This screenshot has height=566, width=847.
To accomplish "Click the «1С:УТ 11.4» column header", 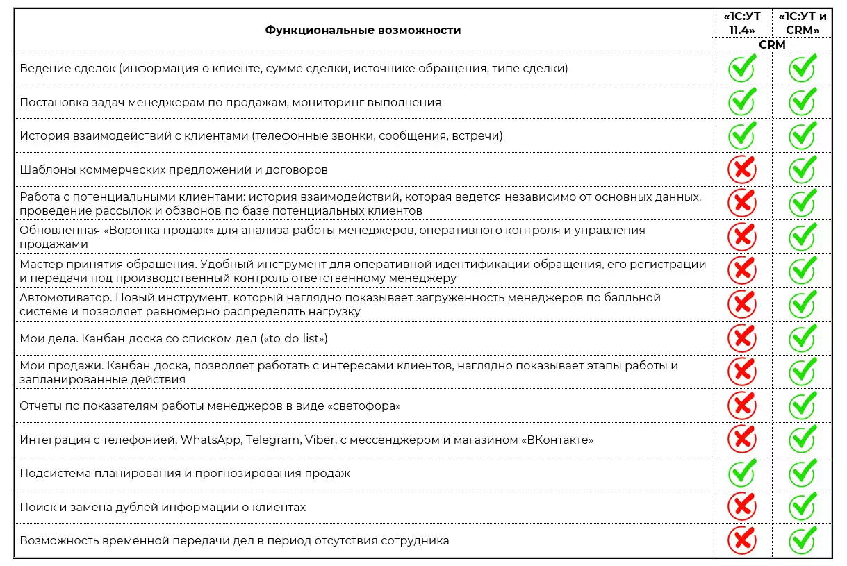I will [x=741, y=24].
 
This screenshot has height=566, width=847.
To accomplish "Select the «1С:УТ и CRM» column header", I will [x=803, y=24].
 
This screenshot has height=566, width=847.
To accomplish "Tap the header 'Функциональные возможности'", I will [x=363, y=30].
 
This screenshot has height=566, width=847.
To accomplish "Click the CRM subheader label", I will [x=772, y=44].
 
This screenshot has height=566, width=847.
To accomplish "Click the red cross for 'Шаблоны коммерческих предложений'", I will [x=741, y=169].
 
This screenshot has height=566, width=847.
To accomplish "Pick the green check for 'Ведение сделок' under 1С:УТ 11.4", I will [x=741, y=68].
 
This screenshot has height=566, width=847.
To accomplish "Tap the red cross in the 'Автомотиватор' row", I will [x=741, y=304].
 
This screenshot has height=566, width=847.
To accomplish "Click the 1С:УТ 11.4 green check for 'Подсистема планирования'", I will [x=741, y=473].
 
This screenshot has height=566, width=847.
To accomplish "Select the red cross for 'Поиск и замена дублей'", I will [x=741, y=506].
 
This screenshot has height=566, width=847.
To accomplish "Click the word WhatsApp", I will [x=210, y=440].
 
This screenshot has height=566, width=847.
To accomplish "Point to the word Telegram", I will [x=270, y=440].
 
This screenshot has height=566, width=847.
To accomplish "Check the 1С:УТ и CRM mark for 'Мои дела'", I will [x=803, y=338].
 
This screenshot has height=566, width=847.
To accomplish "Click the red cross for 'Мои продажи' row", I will [x=741, y=372].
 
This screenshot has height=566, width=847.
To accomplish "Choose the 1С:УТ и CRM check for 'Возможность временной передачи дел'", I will [x=803, y=540].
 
